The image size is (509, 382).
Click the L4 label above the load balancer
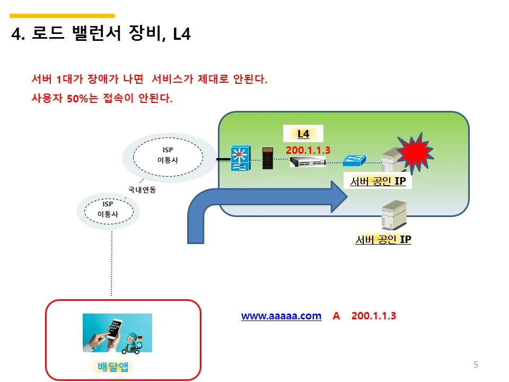[303, 134]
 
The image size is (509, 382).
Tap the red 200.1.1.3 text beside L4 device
[308, 150]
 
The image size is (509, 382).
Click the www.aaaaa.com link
[281, 316]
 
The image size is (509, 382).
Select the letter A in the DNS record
[336, 316]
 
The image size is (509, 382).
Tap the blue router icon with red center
[240, 159]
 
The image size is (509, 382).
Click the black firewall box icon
[268, 159]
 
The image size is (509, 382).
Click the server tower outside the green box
[394, 215]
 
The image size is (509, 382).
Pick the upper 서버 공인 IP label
[378, 181]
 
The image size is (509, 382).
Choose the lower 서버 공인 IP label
[383, 240]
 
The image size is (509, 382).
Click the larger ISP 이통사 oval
[168, 155]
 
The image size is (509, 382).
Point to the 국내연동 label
[142, 189]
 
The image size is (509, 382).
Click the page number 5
[476, 364]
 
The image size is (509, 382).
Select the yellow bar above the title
[63, 16]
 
